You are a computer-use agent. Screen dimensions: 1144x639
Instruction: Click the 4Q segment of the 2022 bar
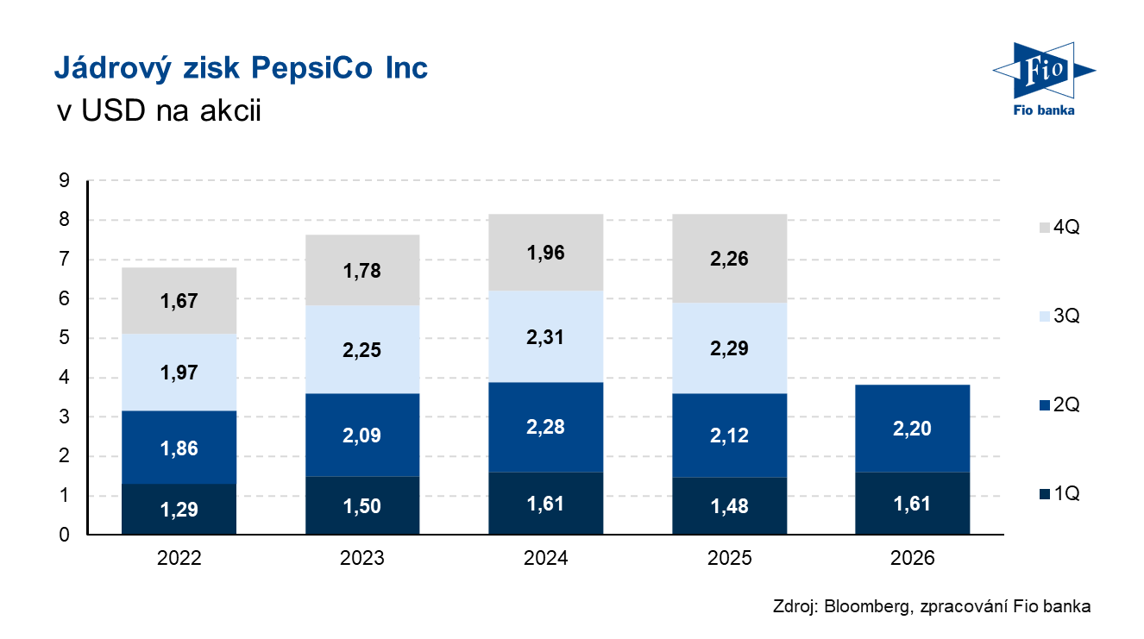click(179, 301)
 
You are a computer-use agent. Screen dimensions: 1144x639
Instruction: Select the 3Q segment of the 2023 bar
click(362, 349)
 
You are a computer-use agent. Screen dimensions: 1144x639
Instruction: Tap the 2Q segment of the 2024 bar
click(545, 427)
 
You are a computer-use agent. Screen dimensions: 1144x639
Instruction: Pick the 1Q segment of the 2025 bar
click(729, 506)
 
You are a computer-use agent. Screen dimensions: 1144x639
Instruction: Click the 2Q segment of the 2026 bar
click(912, 429)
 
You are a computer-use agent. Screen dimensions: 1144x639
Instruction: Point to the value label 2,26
click(729, 259)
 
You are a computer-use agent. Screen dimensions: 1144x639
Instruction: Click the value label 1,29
click(179, 510)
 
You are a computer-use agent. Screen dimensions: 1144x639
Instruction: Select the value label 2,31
click(545, 337)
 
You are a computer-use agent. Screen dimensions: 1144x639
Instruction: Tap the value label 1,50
click(362, 506)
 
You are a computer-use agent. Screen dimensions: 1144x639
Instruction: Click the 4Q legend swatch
click(1045, 228)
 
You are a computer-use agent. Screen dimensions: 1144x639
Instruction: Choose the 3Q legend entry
click(1059, 316)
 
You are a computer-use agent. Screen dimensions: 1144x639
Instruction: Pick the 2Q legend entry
click(1059, 404)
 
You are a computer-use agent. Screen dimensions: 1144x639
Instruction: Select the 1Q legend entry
click(1059, 493)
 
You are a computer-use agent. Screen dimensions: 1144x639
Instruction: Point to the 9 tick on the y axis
click(65, 180)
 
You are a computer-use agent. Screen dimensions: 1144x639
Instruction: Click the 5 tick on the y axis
click(65, 337)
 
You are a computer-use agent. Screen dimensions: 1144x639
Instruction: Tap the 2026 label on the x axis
click(912, 558)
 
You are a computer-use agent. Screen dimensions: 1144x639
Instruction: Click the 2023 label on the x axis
click(362, 558)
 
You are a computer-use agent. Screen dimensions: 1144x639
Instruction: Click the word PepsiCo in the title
click(311, 68)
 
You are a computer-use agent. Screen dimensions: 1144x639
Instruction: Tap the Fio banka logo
click(1044, 78)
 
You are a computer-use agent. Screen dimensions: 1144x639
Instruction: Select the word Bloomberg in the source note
click(868, 606)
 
